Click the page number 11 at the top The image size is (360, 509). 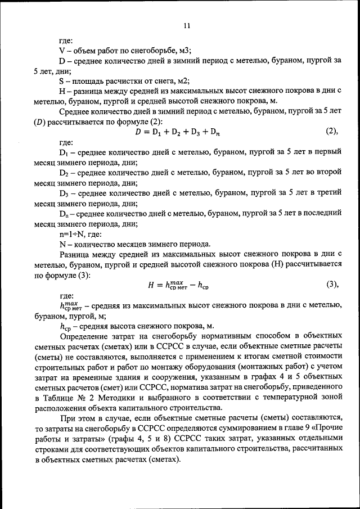pos(187,25)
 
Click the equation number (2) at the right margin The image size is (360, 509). pos(331,132)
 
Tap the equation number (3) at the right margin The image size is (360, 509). pos(331,285)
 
